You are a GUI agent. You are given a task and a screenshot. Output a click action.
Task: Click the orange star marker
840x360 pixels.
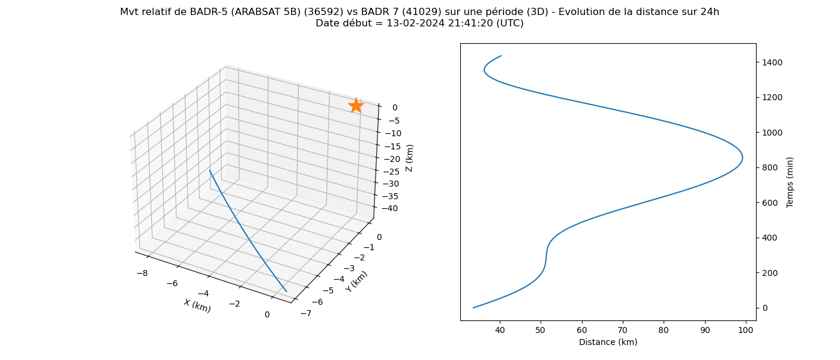[x=356, y=106]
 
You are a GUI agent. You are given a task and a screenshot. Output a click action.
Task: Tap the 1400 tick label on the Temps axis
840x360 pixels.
[x=772, y=62]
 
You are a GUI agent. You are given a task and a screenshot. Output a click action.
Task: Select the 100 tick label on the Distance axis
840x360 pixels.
[x=745, y=331]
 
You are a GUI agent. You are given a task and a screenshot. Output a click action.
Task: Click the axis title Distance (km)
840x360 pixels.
[x=608, y=342]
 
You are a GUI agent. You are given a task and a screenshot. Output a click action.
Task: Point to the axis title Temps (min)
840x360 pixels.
[x=790, y=182]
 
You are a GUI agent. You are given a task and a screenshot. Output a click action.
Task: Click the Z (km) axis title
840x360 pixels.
[x=409, y=158]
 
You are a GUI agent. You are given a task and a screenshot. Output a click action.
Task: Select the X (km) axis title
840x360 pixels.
[x=197, y=305]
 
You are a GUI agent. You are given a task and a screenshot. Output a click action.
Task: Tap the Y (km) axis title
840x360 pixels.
[x=356, y=281]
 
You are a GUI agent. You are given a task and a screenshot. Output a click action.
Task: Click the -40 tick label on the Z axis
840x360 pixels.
[x=390, y=209]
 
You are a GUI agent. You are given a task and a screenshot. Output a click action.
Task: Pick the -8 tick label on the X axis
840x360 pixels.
[x=142, y=273]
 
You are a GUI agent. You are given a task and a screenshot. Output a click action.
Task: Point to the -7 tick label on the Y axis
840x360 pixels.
[x=305, y=313]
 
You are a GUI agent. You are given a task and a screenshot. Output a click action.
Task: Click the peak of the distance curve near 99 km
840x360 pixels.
[x=743, y=158]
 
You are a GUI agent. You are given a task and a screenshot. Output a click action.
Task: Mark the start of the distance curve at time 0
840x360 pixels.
[x=473, y=308]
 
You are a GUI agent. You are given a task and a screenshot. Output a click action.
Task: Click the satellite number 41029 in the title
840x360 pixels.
[x=425, y=12]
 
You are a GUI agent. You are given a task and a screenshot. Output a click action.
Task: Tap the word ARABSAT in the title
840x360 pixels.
[x=251, y=12]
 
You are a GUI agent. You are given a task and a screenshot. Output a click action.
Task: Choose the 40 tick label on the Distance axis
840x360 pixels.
[x=500, y=331]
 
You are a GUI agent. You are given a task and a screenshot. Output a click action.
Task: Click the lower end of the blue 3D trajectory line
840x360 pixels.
[x=287, y=292]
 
